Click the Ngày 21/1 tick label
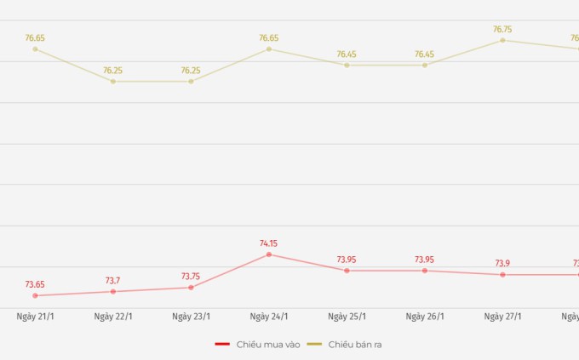35,317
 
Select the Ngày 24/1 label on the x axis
269,317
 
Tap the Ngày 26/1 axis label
425,317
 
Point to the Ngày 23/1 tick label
191,317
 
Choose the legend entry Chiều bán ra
350,344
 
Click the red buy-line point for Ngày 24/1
269,254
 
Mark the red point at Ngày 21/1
35,295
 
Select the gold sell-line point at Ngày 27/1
502,40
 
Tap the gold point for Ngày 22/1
113,82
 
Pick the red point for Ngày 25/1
347,271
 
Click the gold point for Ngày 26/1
425,65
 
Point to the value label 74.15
269,243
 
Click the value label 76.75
502,29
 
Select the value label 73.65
35,284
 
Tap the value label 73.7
113,280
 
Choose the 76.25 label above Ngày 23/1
191,71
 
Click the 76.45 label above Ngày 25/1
347,54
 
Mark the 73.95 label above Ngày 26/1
425,260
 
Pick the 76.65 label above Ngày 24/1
269,37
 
